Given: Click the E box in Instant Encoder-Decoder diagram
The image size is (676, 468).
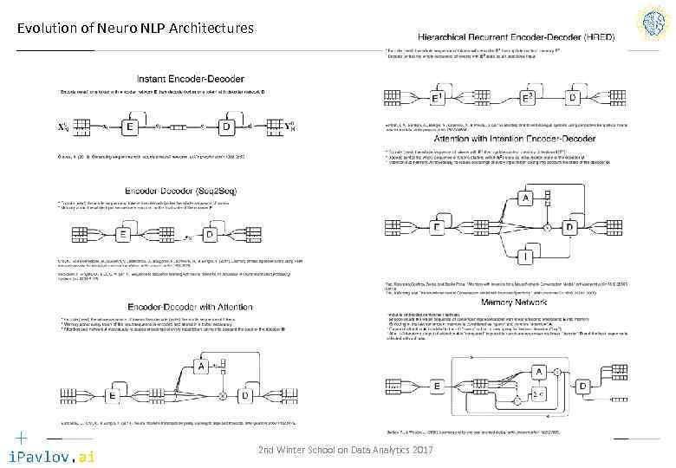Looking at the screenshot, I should [130, 127].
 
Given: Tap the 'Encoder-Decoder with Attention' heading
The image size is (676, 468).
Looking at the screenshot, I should [176, 307].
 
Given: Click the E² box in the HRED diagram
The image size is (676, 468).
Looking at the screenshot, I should [525, 96].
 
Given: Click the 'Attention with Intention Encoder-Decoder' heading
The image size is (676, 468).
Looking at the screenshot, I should [507, 139].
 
